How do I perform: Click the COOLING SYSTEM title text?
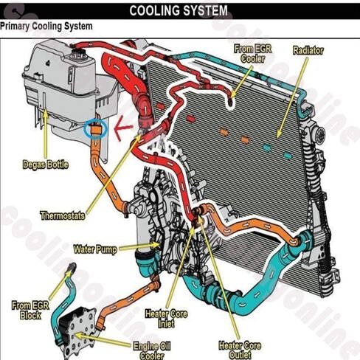[179, 11]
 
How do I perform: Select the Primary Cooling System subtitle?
[46, 26]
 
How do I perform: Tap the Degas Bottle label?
[45, 165]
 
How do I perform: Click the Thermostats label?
[63, 215]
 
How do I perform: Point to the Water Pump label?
[95, 249]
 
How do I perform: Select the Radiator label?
[308, 51]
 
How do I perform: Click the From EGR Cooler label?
[253, 54]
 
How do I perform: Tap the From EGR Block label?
[30, 311]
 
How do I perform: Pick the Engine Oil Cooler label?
[152, 351]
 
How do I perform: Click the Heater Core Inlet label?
[166, 319]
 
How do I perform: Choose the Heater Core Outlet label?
[240, 350]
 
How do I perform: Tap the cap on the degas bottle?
[78, 54]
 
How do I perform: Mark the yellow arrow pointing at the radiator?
[293, 97]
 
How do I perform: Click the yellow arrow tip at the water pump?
[160, 245]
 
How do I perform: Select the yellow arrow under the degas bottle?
[46, 134]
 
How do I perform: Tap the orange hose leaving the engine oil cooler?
[128, 301]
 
